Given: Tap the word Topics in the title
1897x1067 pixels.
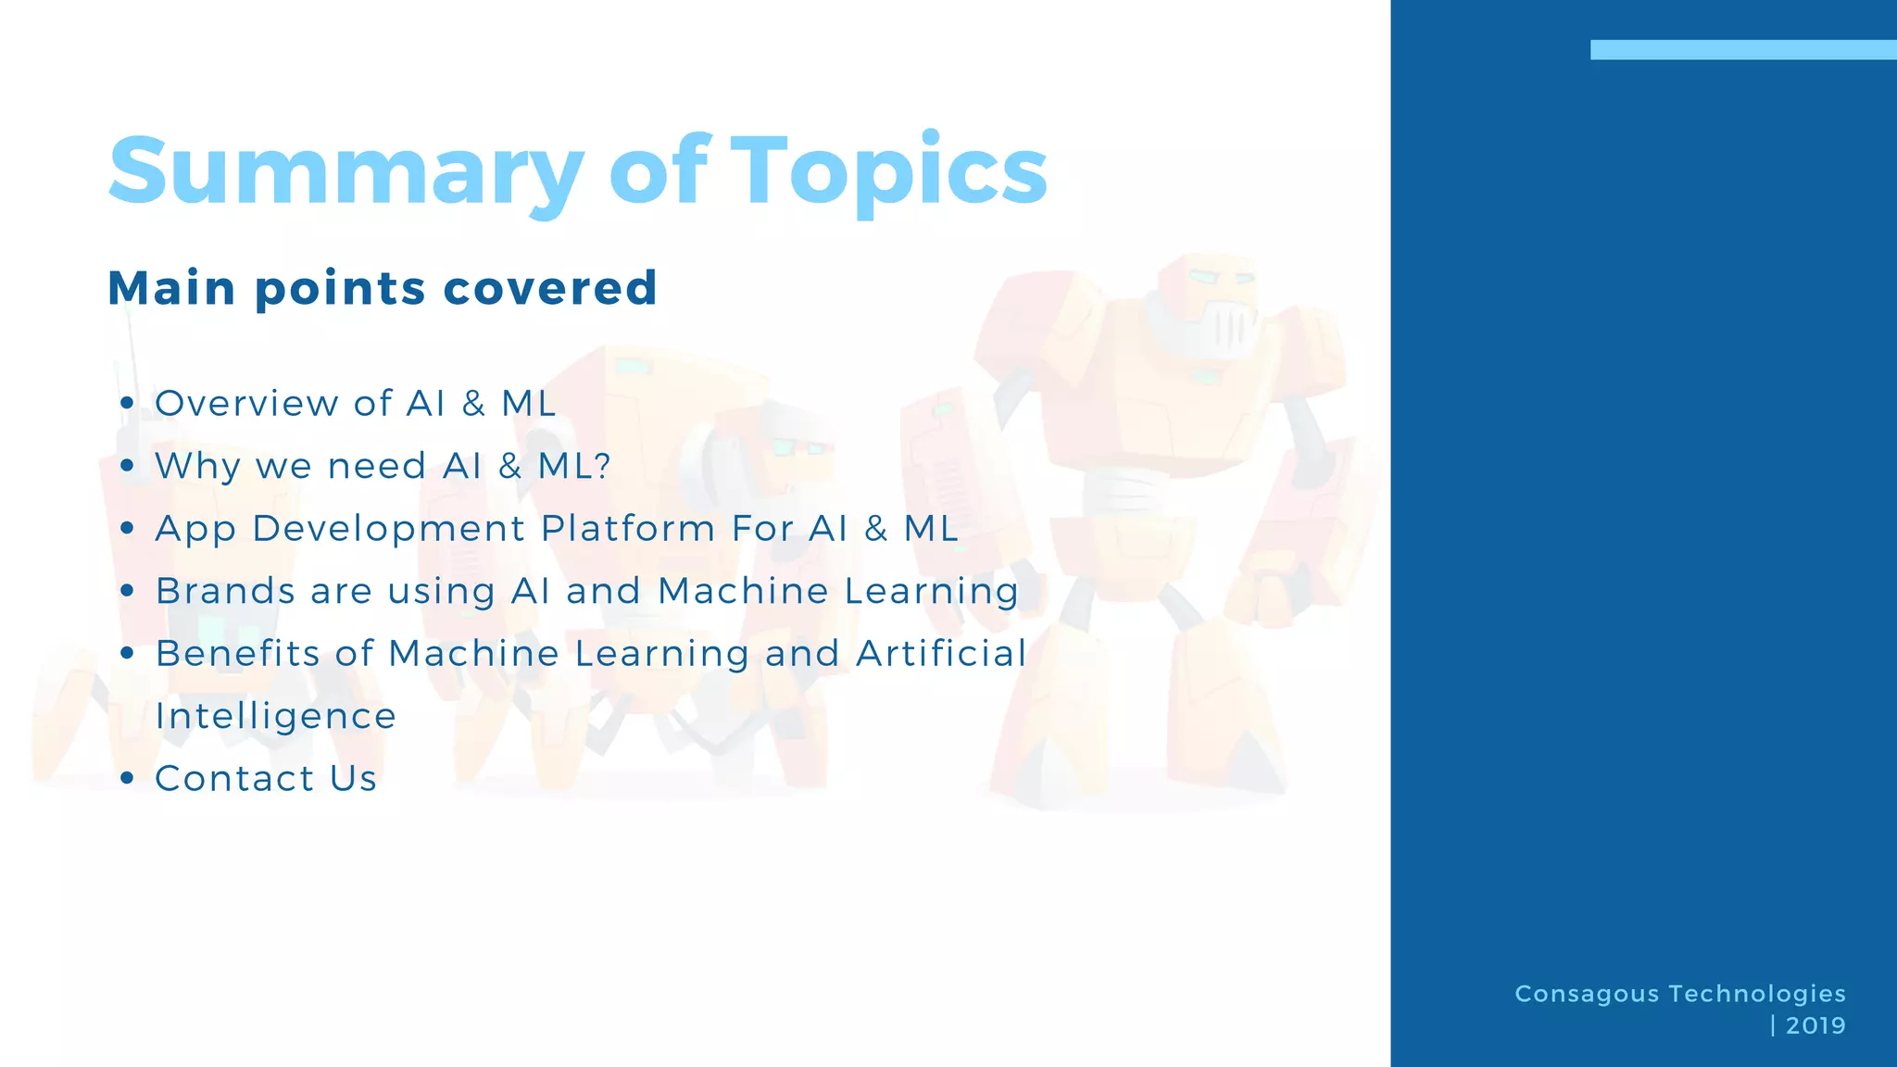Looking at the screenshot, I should (889, 171).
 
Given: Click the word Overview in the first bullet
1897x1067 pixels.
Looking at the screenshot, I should (246, 404).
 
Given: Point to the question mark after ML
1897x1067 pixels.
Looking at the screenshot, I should (603, 466).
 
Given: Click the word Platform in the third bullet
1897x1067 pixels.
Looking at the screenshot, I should (628, 529).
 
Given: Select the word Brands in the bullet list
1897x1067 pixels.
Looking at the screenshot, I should (223, 591).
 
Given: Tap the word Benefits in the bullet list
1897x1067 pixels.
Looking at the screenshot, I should (238, 654).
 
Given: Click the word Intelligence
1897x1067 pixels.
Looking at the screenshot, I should (276, 716).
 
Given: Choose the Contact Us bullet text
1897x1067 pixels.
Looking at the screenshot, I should (266, 779).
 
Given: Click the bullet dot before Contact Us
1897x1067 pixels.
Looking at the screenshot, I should (127, 779).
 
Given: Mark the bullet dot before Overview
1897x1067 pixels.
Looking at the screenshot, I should (127, 404).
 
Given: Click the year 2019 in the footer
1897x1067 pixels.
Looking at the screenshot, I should (1815, 1025).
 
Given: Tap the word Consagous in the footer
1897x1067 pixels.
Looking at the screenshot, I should (1587, 994).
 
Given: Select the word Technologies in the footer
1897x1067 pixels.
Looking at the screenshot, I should (1757, 994).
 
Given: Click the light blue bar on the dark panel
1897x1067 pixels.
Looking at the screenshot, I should (1742, 50).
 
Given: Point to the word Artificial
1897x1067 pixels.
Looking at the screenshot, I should (941, 654).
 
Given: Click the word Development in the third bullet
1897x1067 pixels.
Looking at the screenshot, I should (389, 529).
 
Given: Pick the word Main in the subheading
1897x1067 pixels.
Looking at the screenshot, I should (172, 288).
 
